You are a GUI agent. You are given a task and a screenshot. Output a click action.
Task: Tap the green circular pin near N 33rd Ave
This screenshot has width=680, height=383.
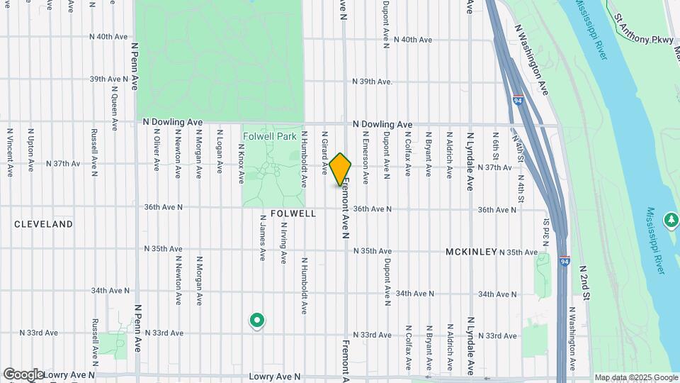pos(256,321)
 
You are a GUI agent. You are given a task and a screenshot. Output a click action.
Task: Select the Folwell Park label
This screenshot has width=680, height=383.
pos(269,135)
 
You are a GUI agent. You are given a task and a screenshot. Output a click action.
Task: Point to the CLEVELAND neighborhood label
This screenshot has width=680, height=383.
pos(44,224)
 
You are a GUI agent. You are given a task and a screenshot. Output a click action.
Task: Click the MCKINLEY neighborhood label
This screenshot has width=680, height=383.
pos(471,252)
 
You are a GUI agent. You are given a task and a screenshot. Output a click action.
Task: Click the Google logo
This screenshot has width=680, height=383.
pos(23,374)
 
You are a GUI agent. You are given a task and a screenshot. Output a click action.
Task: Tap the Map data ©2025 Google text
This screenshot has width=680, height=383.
pos(635,377)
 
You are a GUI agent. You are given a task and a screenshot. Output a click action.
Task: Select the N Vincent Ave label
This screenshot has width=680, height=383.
pos(10,152)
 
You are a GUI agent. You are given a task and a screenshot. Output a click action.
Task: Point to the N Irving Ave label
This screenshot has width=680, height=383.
pos(283,242)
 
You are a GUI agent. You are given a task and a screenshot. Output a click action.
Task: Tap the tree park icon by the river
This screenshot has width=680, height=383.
pos(671,220)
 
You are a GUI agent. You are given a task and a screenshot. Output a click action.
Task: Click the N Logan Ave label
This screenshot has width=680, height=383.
pos(220,152)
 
